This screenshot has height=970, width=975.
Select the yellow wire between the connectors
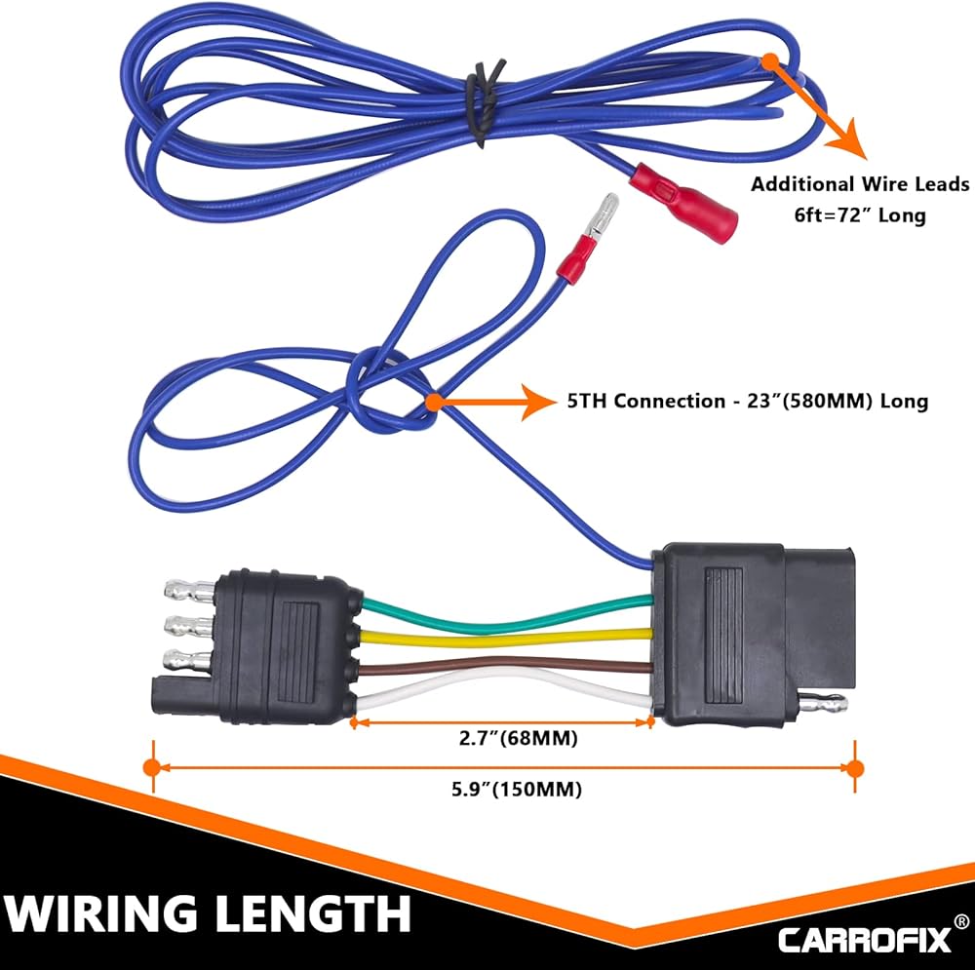[507, 638]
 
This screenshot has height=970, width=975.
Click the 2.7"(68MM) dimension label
[519, 738]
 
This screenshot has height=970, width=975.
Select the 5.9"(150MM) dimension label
[517, 789]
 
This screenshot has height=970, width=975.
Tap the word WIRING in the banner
[106, 912]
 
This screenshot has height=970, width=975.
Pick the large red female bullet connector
[684, 203]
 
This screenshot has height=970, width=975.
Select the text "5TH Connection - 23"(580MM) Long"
[748, 401]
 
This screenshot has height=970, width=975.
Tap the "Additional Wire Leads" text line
[860, 184]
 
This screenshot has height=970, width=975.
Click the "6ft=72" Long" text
[860, 215]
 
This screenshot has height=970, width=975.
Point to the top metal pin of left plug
[189, 590]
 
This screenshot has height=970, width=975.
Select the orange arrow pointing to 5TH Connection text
[491, 402]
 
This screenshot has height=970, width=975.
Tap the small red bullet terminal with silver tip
[588, 236]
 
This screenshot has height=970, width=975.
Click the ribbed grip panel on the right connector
[723, 626]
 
